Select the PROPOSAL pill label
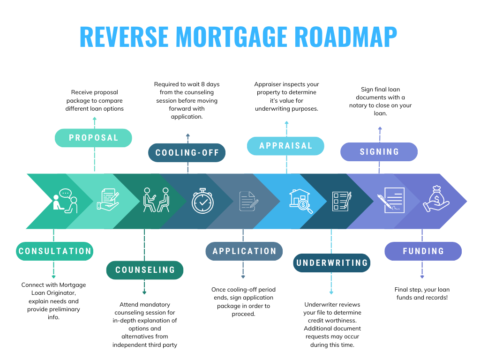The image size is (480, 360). click(93, 138)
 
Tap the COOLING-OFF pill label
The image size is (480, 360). click(187, 153)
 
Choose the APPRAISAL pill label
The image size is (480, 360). click(285, 146)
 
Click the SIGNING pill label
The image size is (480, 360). click(379, 152)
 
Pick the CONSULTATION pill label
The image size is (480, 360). click(55, 251)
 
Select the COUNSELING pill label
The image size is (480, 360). click(145, 270)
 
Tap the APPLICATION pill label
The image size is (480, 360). click(244, 251)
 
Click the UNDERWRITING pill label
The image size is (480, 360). click(332, 262)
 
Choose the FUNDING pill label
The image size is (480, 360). click(423, 251)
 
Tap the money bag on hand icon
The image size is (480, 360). click(436, 200)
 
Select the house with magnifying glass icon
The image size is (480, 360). click(301, 201)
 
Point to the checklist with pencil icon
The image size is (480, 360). click(341, 201)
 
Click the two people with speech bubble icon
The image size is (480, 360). click(65, 201)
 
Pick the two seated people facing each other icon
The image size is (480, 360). click(156, 200)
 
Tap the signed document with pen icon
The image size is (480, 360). click(391, 200)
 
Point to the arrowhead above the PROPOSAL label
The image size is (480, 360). click(94, 119)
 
